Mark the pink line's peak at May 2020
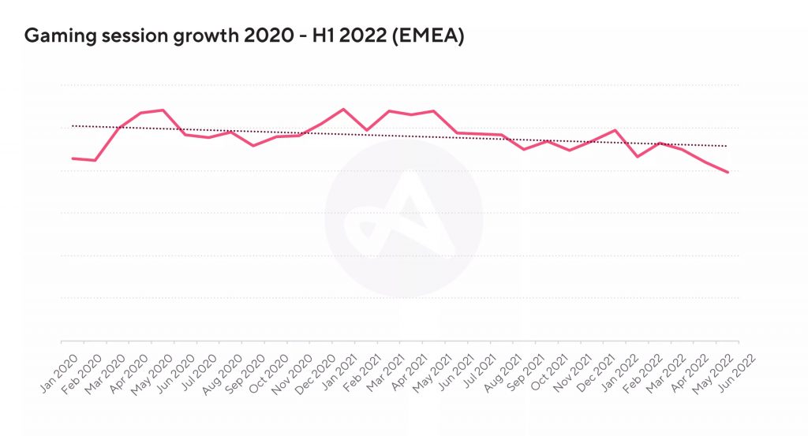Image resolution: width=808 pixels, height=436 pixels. tap(163, 110)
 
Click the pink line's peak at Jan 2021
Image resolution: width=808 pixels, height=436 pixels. tap(343, 110)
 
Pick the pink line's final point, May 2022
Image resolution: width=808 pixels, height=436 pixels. tap(727, 172)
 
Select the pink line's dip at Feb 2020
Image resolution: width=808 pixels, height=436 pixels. tap(95, 161)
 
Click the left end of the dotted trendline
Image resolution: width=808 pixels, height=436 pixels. tap(73, 125)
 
